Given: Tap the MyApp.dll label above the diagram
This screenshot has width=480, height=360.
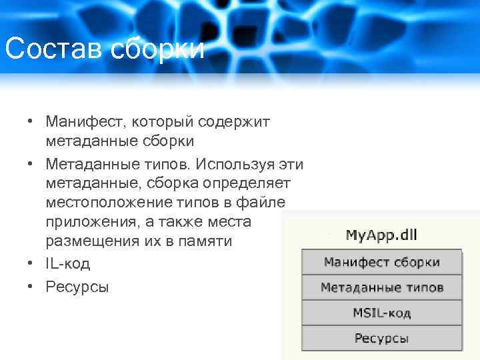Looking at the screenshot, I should pos(382,235).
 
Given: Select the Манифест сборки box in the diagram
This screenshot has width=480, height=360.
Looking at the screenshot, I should pos(382,262).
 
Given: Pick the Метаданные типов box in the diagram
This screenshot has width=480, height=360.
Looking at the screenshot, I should pos(382,287).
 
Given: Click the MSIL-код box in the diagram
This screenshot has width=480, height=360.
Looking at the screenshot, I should pos(382,313).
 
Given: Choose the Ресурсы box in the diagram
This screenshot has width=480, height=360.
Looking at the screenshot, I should pos(382,338).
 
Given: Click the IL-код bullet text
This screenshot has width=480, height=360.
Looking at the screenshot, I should pos(68,263).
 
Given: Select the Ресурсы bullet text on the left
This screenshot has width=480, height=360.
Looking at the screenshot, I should pos(77,287).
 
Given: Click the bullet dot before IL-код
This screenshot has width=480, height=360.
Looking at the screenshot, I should pos(31,263).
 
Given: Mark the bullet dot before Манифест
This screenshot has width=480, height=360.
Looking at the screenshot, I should pos(31,122).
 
